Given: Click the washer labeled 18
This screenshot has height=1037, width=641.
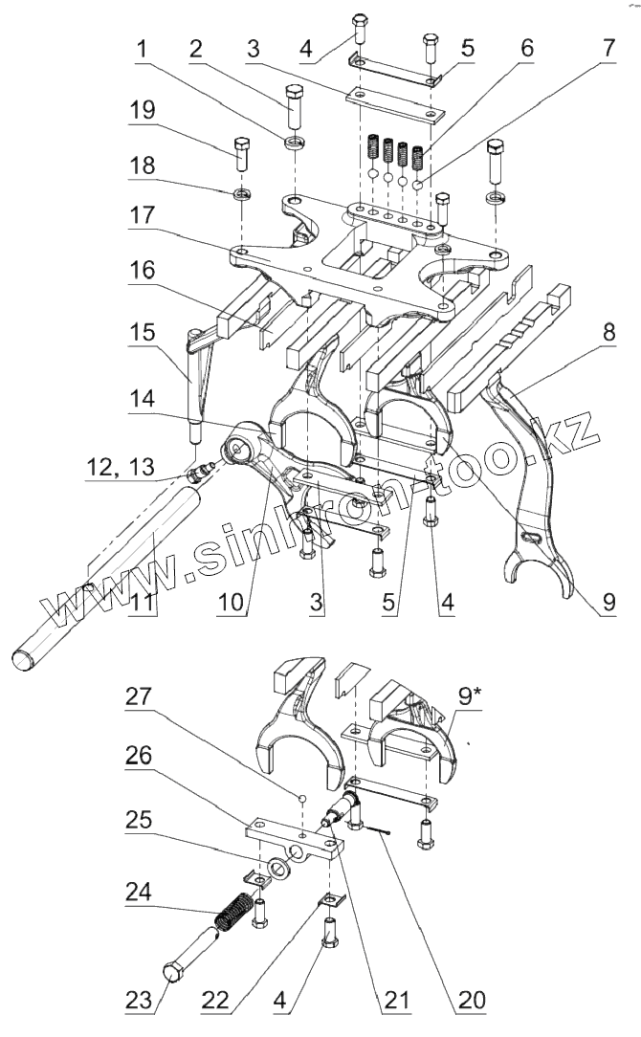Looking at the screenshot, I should coord(242,194).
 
